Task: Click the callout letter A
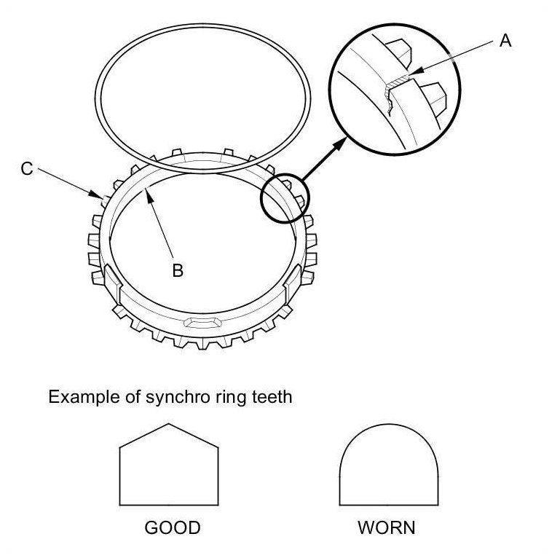click(505, 41)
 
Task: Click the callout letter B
click(177, 270)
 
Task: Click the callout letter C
click(27, 168)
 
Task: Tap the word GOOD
click(172, 527)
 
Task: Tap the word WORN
click(387, 527)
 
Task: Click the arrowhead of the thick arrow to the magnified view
click(341, 144)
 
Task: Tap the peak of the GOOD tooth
click(169, 425)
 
